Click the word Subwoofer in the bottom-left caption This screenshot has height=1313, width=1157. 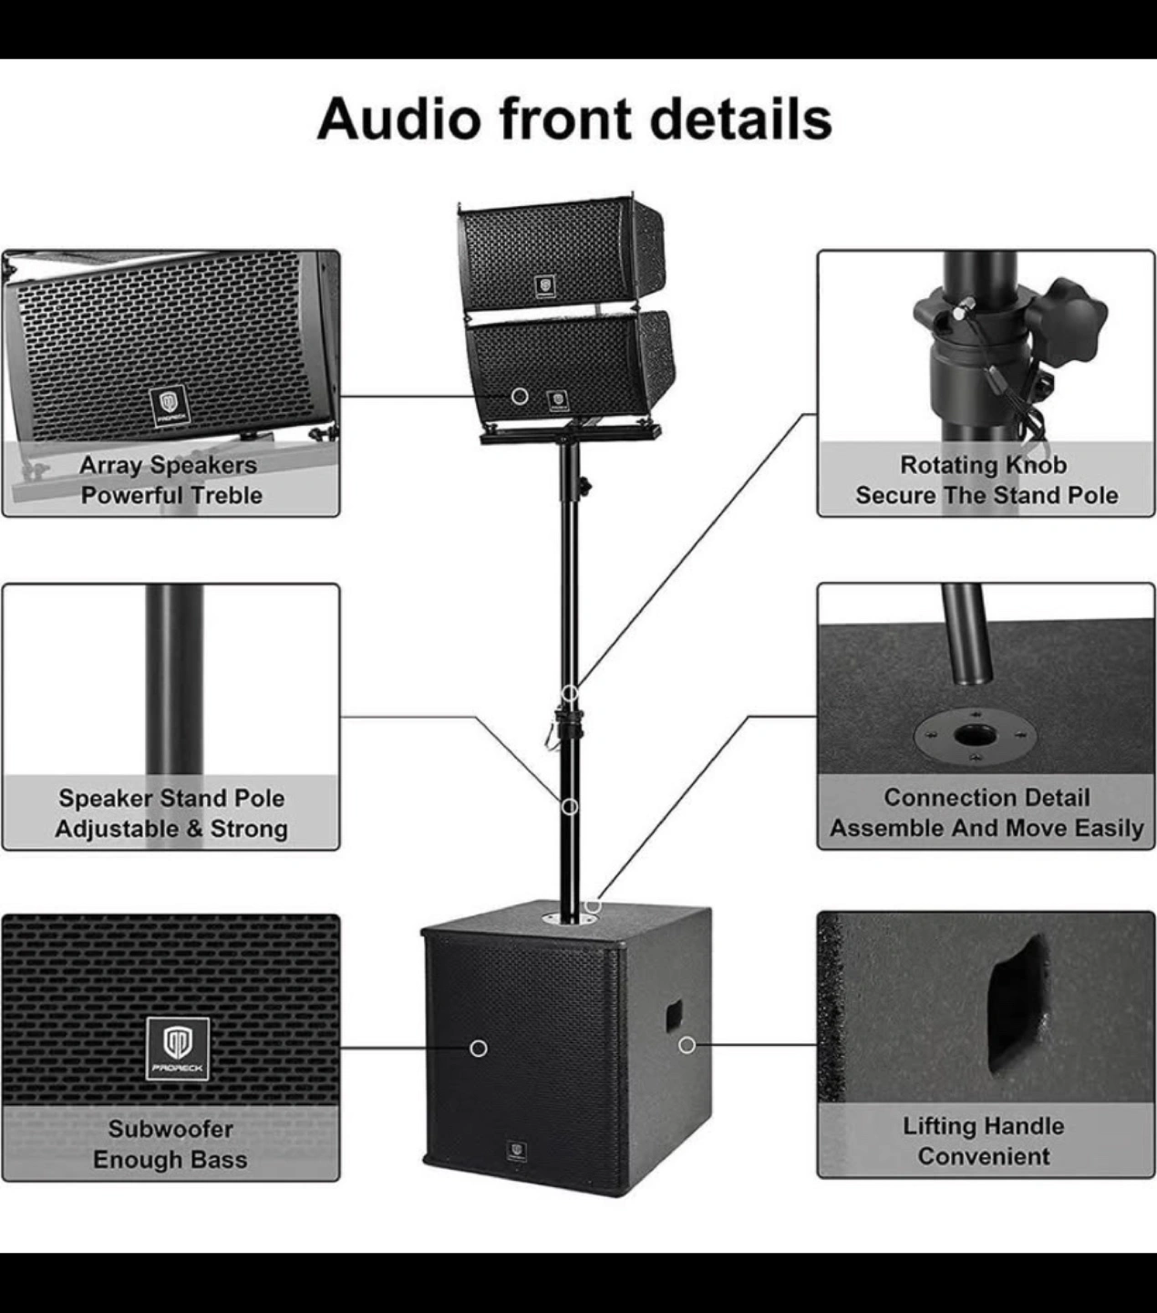click(170, 1129)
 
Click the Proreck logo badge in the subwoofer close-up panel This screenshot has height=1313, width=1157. click(178, 1049)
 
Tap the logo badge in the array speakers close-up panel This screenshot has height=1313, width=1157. click(169, 405)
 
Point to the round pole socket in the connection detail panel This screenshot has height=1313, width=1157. click(967, 735)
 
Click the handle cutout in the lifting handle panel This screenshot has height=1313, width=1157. click(1017, 1003)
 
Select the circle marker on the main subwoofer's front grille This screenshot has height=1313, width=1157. click(479, 1049)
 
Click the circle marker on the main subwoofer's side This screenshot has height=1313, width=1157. click(687, 1044)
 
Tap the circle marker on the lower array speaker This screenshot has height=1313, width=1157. click(520, 396)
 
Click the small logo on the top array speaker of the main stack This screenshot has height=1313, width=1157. click(544, 287)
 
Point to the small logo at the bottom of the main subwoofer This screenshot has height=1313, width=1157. click(517, 1152)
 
